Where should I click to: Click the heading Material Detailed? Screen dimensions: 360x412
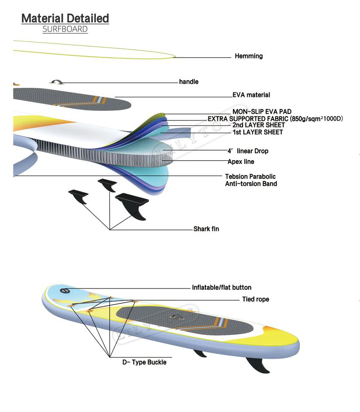pos(65,18)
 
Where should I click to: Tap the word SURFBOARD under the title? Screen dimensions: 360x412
pos(65,30)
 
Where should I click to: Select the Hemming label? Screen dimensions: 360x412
pos(249,56)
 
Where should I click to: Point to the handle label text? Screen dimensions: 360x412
pos(189,82)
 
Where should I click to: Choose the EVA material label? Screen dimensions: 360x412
pos(251,95)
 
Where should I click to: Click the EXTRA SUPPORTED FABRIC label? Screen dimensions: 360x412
pos(275,119)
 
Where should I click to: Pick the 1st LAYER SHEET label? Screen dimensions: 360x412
pos(257,132)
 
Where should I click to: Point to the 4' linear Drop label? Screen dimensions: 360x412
pos(248,151)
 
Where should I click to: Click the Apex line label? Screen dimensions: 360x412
pos(241,161)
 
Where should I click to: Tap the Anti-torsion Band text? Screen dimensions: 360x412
pos(251,184)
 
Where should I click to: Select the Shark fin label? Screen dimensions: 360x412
pos(206,229)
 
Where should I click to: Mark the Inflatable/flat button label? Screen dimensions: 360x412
pos(222,288)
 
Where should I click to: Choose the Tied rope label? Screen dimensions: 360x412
pos(256,299)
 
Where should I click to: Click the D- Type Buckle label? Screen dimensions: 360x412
pos(144,362)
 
